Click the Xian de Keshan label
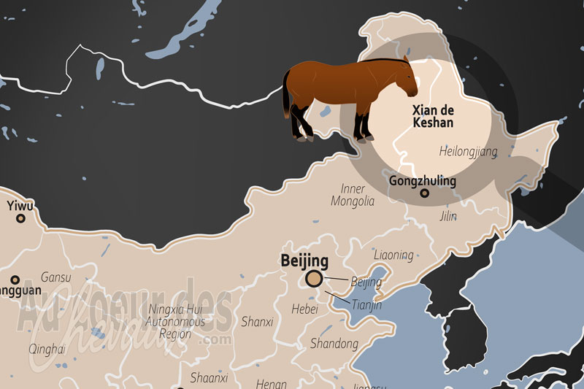pos(432,117)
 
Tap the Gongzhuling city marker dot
pos(424,193)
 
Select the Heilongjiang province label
pos(468,152)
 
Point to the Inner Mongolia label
pos(353,194)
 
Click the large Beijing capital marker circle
pos(315,278)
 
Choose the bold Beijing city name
pos(304,261)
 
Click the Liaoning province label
pos(393,255)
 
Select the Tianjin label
pos(366,304)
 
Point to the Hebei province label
pos(304,309)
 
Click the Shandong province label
pos(334,343)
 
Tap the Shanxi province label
pos(257,321)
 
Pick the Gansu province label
pos(56,277)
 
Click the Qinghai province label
pos(47,349)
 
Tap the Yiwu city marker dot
pos(20,218)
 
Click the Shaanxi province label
pos(210,377)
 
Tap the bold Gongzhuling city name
pos(423,180)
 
